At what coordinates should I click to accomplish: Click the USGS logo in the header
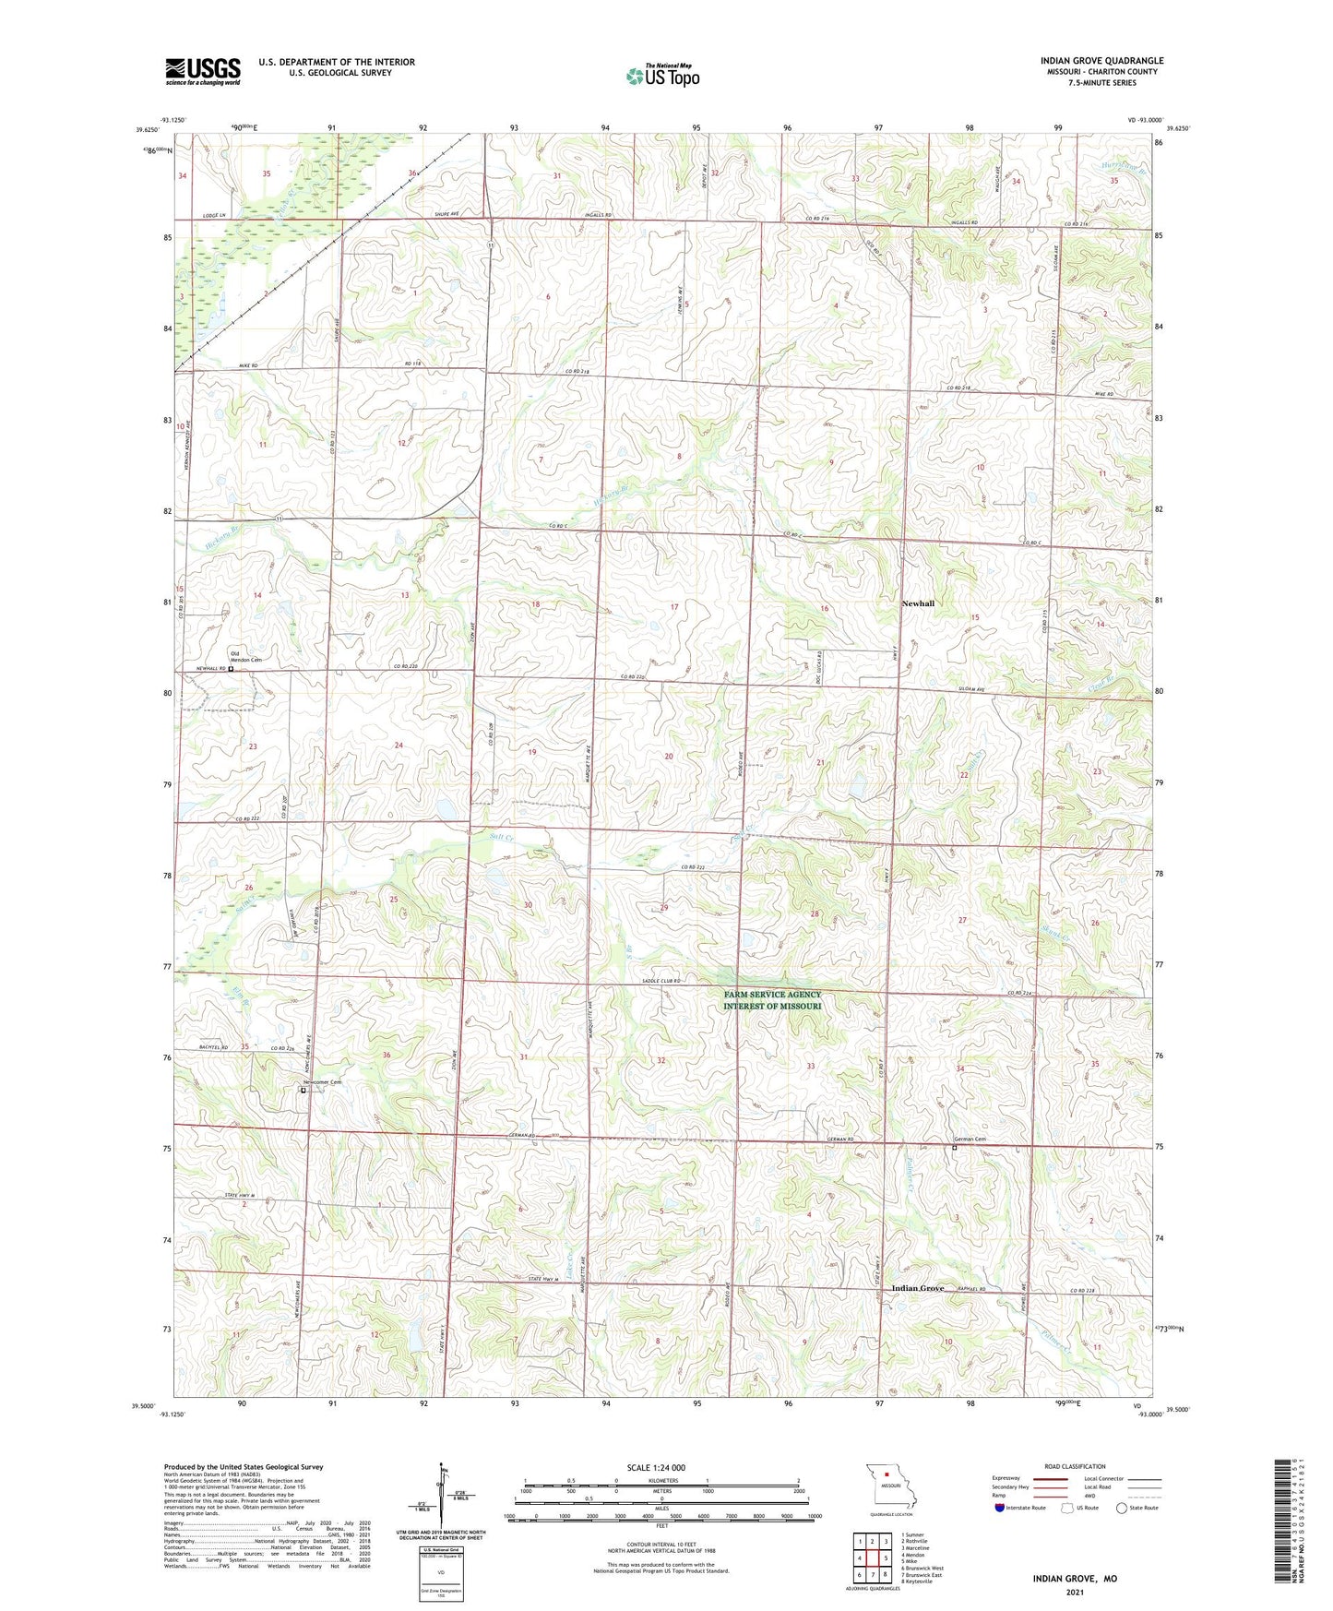[203, 71]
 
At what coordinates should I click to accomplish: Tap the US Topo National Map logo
[662, 76]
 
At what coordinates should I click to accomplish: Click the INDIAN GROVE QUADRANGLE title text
[1101, 61]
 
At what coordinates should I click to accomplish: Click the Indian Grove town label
[917, 1288]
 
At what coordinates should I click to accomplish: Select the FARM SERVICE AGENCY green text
[772, 995]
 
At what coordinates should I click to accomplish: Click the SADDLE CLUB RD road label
[658, 981]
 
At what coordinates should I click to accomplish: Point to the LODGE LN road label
[214, 216]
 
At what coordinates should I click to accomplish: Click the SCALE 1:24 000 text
[656, 1468]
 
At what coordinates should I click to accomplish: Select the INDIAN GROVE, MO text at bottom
[1075, 1579]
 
